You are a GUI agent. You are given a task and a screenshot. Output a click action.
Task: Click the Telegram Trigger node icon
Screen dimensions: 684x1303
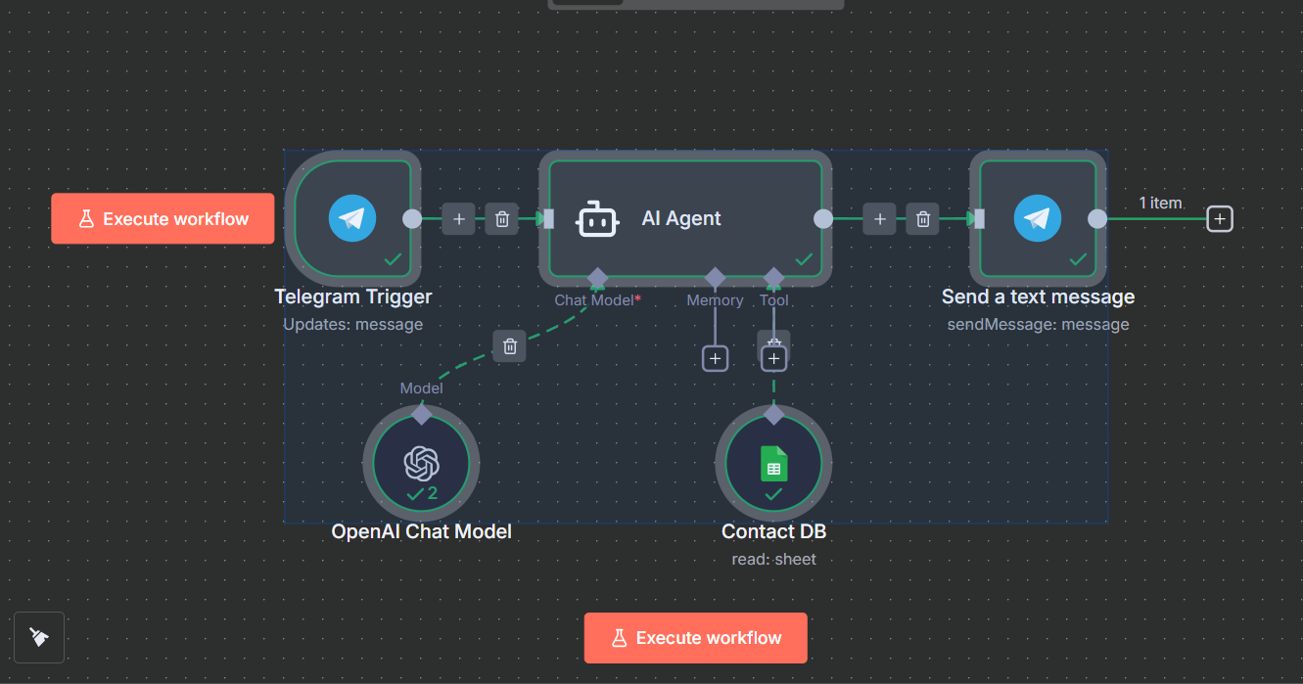point(352,218)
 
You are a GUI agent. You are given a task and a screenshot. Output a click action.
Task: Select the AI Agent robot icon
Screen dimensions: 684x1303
point(598,219)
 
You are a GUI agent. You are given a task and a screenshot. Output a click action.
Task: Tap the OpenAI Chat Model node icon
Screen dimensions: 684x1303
point(421,463)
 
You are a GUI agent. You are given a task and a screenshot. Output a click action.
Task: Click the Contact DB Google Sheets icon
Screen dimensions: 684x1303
point(773,463)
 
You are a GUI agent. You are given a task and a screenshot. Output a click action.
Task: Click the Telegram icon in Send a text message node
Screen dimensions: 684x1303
point(1038,218)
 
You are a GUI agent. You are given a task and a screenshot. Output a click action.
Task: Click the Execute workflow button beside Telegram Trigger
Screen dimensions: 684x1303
point(163,219)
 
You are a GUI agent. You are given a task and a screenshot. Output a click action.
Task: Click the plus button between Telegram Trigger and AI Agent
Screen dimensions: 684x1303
point(458,219)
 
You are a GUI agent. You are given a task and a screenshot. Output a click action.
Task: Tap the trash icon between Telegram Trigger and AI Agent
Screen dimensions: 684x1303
point(501,219)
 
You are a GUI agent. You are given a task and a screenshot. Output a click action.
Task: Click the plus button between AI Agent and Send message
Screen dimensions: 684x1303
point(879,219)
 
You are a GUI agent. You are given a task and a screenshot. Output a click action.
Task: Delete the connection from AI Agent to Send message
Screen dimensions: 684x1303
point(922,219)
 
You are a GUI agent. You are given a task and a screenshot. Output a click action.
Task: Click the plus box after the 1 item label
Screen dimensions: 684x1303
point(1219,219)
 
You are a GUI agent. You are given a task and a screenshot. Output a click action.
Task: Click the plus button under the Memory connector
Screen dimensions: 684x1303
point(716,359)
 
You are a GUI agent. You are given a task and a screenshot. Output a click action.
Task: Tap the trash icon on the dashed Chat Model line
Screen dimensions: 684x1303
point(509,345)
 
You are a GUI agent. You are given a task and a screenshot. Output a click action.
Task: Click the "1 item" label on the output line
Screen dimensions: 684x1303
point(1160,203)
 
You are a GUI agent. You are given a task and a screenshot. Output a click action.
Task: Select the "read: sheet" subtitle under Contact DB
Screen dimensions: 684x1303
point(773,560)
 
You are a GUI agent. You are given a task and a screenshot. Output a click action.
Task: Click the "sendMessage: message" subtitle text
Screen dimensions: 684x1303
point(1038,324)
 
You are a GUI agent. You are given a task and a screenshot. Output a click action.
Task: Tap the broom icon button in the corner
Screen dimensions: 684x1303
point(39,637)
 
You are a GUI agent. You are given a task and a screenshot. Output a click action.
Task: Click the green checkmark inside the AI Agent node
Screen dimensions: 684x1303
point(804,259)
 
